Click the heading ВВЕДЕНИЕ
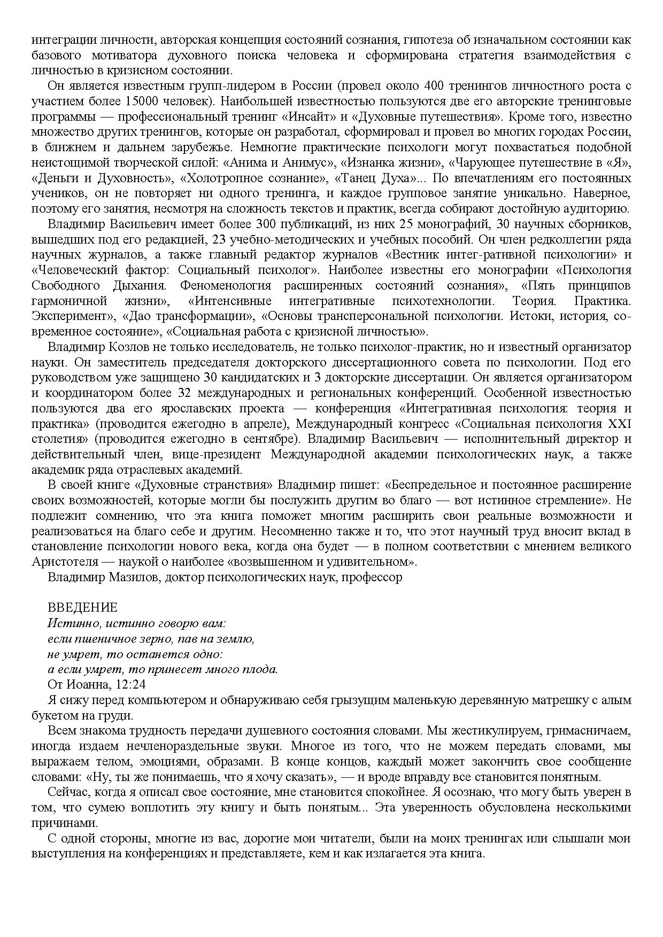(82, 607)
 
